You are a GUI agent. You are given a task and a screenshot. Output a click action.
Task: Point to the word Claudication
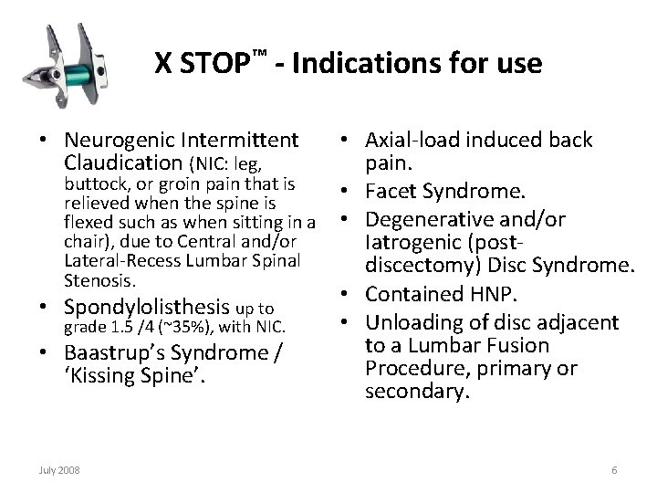pos(123,163)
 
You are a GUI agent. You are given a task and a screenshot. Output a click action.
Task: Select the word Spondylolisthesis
pos(147,308)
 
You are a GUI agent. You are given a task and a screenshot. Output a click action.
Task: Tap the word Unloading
pos(414,322)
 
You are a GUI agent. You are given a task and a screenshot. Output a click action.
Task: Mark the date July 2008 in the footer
pos(59,470)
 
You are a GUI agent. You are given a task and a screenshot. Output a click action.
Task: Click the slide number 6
pos(614,470)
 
